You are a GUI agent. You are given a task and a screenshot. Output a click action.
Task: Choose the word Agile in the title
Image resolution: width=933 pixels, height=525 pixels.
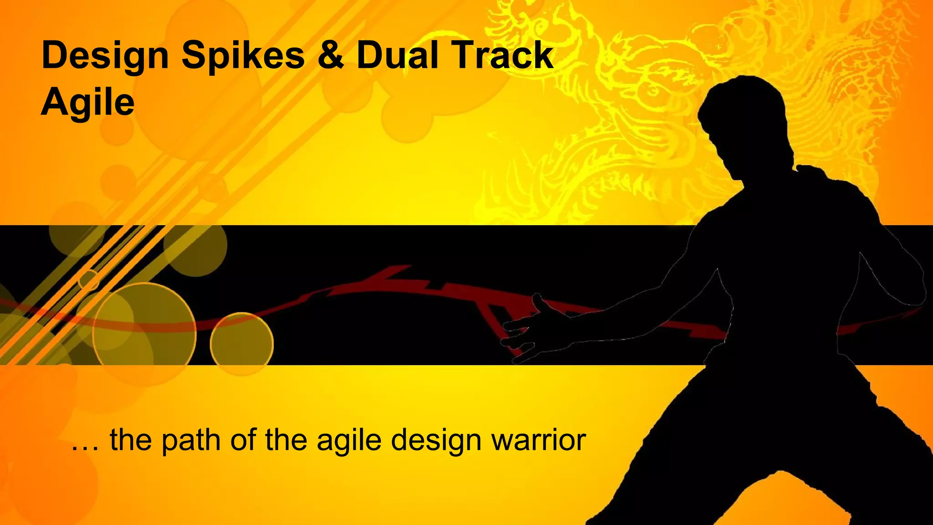coord(88,102)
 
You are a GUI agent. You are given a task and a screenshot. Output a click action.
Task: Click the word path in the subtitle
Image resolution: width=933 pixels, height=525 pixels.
coord(191,441)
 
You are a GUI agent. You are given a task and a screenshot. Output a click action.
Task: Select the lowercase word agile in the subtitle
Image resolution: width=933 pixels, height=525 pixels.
coord(349,441)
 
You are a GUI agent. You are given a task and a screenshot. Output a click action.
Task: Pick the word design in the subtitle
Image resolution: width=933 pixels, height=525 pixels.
coord(436,441)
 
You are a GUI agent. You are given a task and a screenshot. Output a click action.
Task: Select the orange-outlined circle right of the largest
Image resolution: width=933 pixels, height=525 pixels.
coord(241,344)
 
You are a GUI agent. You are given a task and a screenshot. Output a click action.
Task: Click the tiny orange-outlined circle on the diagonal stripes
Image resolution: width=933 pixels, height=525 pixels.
coord(89,280)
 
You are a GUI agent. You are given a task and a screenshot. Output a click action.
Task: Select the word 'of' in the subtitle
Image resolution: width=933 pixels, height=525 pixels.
coord(243,441)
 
